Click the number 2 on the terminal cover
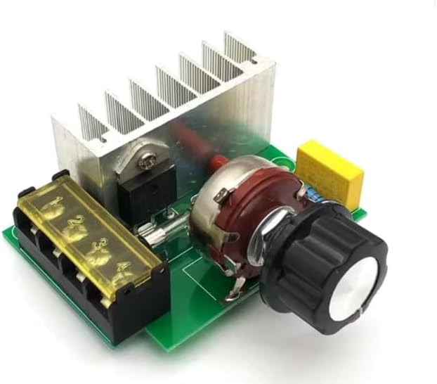point(72,220)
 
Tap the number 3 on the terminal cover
point(98,243)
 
